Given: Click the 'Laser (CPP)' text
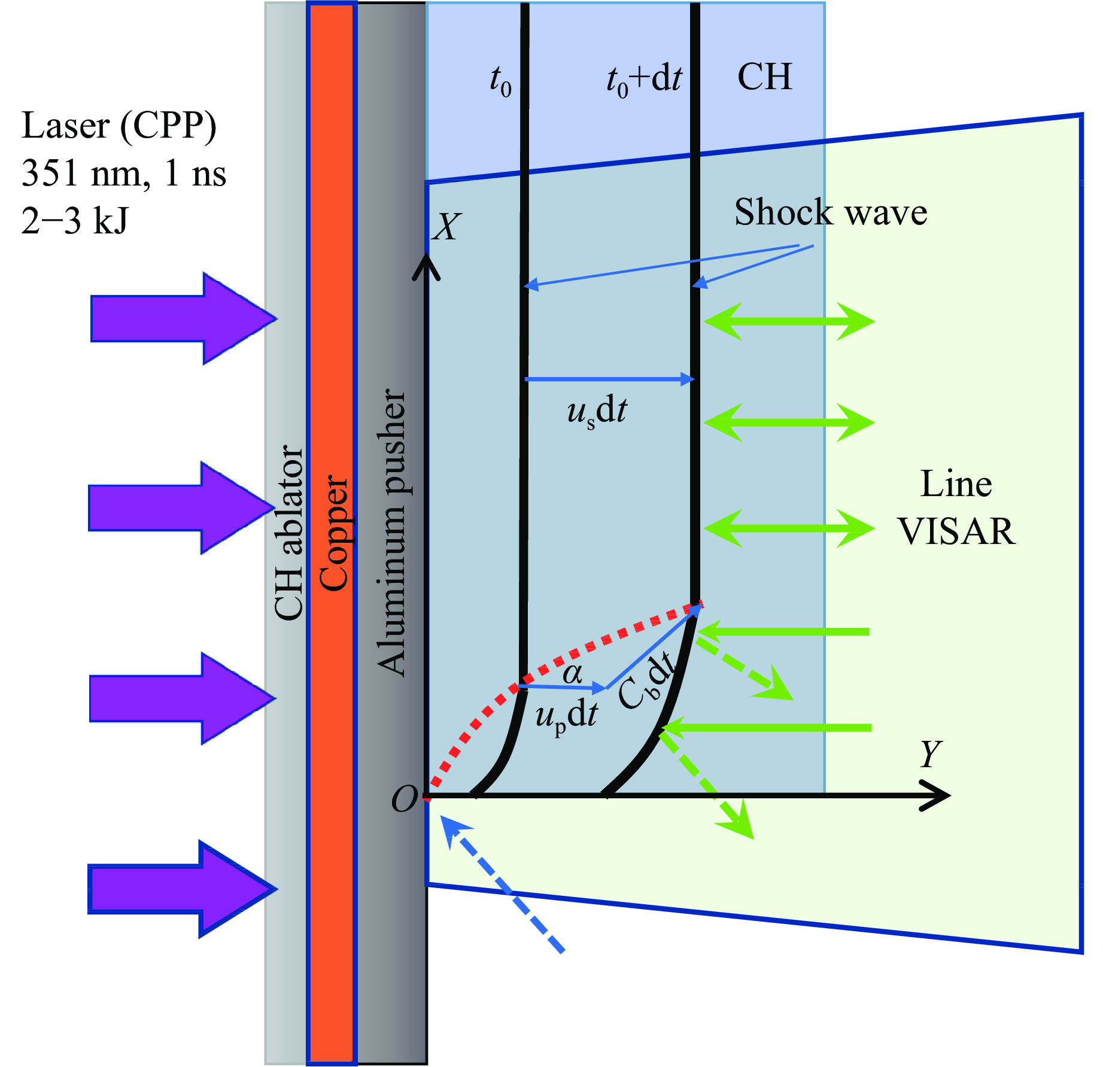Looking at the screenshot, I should point(118,126).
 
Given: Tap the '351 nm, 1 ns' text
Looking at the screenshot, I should point(123,174).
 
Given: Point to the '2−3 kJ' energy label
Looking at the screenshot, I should point(74,220).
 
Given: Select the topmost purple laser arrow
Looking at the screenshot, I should point(183,318).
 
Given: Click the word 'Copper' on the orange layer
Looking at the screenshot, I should point(333,533).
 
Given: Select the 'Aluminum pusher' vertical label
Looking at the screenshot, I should point(392,533).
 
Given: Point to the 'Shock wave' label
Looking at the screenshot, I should point(831,212).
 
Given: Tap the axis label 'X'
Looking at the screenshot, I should point(446,227).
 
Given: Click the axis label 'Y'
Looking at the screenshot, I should point(930,754).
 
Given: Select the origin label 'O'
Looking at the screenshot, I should point(404,800).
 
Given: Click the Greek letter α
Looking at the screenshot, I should point(573,674).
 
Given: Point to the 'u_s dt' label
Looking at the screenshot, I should point(597,412).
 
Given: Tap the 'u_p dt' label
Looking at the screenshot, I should point(566,715).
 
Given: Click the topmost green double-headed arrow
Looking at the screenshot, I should point(789,321).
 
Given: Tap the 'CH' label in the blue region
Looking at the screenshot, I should point(764,77).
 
